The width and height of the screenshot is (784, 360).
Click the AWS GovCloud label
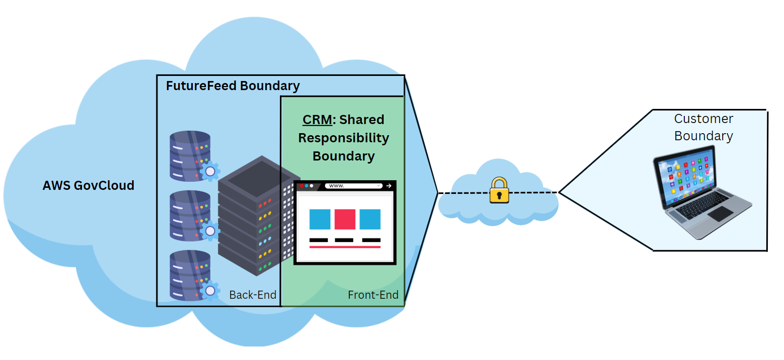click(x=89, y=185)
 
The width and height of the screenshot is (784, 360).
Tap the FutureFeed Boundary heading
click(x=233, y=86)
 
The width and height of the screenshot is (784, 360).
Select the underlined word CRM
click(x=317, y=120)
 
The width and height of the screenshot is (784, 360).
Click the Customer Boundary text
click(x=704, y=127)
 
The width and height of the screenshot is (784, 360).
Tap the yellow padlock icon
click(x=499, y=191)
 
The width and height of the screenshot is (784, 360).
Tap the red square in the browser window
click(x=345, y=219)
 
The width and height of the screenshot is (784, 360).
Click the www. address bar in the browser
click(x=353, y=186)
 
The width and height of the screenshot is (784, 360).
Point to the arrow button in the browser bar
click(x=389, y=186)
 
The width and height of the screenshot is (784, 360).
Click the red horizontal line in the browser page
click(x=345, y=247)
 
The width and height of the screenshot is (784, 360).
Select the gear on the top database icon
click(x=210, y=172)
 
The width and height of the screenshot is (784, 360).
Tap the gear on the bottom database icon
click(x=210, y=291)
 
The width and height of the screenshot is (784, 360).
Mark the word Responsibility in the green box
click(x=344, y=138)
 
